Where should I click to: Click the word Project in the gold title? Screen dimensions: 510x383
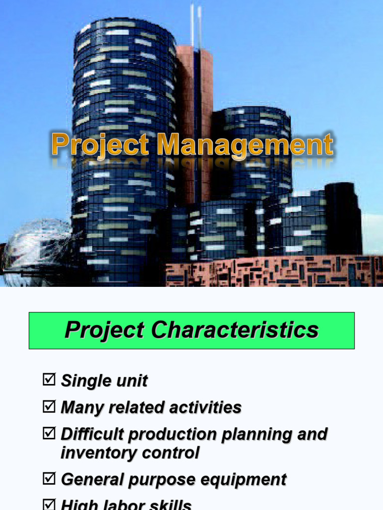coord(100,145)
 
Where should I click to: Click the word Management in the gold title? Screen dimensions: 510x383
coord(244,145)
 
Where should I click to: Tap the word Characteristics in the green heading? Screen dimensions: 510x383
coord(235,330)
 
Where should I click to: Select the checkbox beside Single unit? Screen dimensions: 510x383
coord(49,381)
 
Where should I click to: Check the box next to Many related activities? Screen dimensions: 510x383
coord(49,407)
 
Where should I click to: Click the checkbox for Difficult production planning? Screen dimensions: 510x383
coord(49,434)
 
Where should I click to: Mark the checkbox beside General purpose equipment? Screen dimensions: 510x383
coord(49,479)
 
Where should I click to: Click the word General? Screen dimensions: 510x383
coord(92,480)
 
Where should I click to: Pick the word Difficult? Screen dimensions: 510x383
coord(92,434)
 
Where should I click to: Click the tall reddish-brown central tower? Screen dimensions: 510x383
coord(195,125)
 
